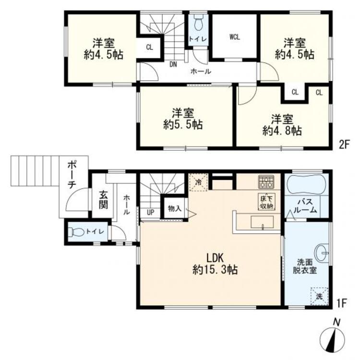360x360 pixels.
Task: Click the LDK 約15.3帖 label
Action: pos(215,264)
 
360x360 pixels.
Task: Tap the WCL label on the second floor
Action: pos(235,37)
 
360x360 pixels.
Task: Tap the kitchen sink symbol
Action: pos(262,222)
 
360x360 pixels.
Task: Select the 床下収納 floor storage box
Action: pos(266,202)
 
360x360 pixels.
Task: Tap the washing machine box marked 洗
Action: pos(319,296)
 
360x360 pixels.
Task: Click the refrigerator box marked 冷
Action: pos(198,182)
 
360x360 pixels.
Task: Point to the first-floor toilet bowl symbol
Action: pos(77,232)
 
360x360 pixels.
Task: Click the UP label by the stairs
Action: pos(150,212)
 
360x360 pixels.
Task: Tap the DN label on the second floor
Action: pos(173,65)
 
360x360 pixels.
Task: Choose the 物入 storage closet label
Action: pos(175,209)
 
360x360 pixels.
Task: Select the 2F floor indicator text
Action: pos(344,145)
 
